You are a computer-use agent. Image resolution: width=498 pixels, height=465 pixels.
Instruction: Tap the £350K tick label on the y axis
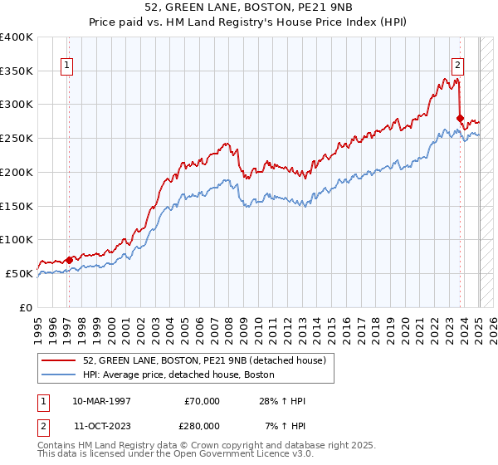(17, 71)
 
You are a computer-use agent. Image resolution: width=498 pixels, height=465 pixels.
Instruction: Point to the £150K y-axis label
(17, 205)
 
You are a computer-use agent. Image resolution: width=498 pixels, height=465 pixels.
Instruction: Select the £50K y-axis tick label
(20, 273)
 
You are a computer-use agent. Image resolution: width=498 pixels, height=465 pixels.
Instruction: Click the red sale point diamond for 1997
(70, 260)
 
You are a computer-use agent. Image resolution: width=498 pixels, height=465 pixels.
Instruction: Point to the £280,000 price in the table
(202, 424)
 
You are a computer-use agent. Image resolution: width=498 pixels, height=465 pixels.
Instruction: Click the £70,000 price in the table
(202, 401)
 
